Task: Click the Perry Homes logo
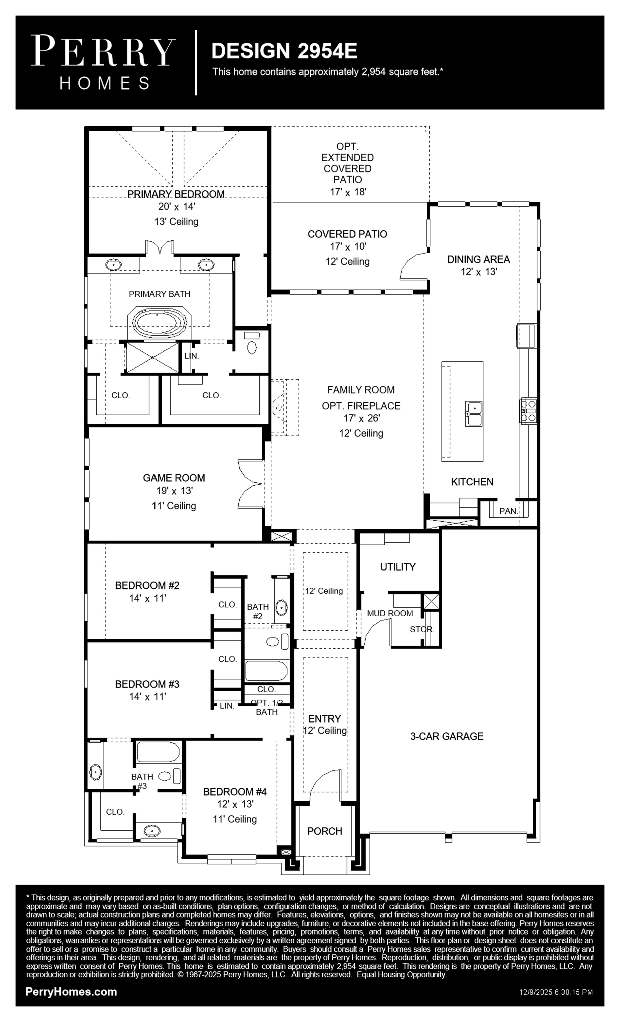pos(103,62)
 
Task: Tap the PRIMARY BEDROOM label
pos(176,194)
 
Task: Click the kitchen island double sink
pos(473,414)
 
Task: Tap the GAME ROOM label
pos(174,478)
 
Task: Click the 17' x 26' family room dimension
pos(361,418)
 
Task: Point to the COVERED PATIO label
pos(347,234)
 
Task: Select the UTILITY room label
pos(398,567)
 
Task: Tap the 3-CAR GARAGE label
pos(447,736)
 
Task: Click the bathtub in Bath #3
pos(158,752)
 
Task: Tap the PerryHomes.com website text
pos(71,992)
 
